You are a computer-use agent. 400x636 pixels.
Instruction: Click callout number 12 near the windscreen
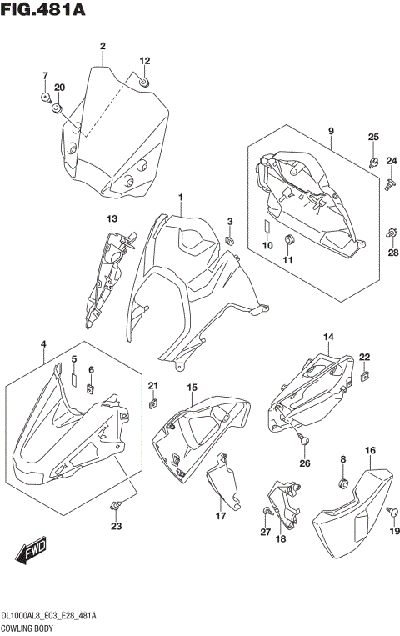point(144,61)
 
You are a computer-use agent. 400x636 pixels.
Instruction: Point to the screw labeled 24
point(388,188)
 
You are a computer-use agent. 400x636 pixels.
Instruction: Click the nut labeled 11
point(289,242)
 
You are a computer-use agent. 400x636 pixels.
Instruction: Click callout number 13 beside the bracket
point(110,218)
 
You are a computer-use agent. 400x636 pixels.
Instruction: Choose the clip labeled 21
point(153,405)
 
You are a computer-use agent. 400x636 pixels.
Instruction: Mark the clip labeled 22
point(364,378)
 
